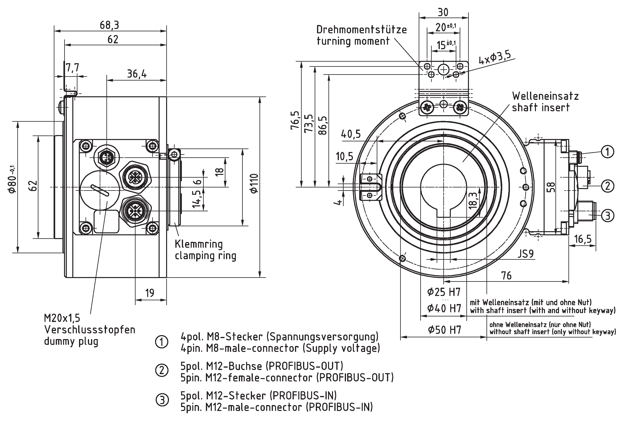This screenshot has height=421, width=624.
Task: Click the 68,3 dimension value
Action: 109,25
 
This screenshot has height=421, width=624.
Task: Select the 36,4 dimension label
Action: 137,73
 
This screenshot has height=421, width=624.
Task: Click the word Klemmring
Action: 199,244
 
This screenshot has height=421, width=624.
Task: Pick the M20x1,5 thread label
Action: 62,318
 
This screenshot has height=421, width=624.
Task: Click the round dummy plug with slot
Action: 100,190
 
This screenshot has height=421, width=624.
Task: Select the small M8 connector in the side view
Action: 107,156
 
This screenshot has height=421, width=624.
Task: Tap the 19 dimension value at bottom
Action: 150,293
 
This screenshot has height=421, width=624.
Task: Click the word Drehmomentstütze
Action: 361,30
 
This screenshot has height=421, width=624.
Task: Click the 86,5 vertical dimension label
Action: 323,125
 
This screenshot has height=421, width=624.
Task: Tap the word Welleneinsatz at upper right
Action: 545,96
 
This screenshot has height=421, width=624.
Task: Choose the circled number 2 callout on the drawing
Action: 607,186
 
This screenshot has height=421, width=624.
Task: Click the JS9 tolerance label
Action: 525,254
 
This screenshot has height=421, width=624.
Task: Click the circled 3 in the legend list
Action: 162,400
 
